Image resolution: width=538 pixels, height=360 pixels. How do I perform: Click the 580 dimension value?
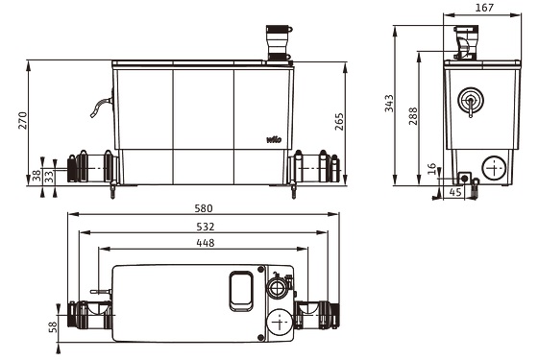pyautogui.click(x=204, y=208)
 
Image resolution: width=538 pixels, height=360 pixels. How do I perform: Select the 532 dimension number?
pyautogui.click(x=206, y=227)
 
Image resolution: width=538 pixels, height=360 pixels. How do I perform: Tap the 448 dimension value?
pyautogui.click(x=206, y=243)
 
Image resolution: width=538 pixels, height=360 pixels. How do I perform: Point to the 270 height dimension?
pyautogui.click(x=23, y=120)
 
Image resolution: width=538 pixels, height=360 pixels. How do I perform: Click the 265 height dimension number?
pyautogui.click(x=338, y=122)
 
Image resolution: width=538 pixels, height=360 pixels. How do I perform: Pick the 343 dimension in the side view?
pyautogui.click(x=389, y=104)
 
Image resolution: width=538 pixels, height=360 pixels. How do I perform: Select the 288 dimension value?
pyautogui.click(x=413, y=116)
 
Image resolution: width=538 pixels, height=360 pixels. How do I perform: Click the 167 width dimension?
pyautogui.click(x=484, y=8)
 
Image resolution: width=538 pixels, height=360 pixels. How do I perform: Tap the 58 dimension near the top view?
pyautogui.click(x=53, y=326)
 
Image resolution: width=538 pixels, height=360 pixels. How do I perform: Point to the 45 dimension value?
pyautogui.click(x=455, y=192)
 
